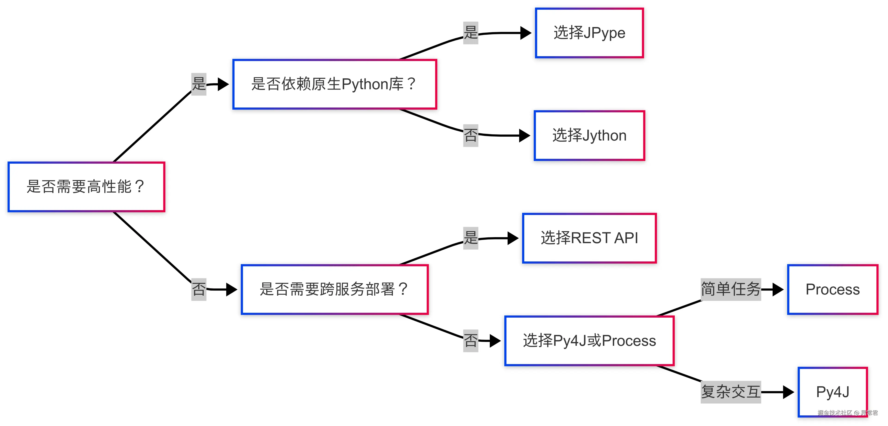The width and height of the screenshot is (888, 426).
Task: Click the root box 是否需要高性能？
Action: click(86, 187)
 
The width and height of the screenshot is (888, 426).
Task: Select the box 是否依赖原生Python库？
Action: click(334, 84)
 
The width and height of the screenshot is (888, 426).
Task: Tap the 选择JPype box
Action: click(589, 33)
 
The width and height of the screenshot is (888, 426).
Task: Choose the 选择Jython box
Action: click(589, 135)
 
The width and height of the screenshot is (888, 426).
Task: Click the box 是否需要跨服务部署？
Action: click(334, 289)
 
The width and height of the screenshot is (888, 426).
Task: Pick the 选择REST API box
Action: click(589, 238)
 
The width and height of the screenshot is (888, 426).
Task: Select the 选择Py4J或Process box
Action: click(589, 340)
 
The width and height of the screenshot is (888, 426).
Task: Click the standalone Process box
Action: click(832, 289)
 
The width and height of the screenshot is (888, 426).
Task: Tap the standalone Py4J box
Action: click(832, 392)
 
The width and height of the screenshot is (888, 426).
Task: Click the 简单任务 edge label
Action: click(731, 289)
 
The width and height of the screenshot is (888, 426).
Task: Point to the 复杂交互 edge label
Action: click(731, 392)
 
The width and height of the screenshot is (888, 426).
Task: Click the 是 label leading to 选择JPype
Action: click(471, 33)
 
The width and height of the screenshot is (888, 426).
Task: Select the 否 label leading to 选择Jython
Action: click(471, 135)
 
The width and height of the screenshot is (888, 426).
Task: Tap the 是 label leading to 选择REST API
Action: click(471, 238)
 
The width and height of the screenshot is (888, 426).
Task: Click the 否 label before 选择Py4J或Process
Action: click(471, 340)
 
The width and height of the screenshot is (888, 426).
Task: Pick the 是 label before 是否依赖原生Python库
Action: click(199, 84)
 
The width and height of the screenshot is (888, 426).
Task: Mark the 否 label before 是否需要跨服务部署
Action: click(199, 289)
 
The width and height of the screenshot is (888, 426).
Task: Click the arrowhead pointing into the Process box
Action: click(778, 289)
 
